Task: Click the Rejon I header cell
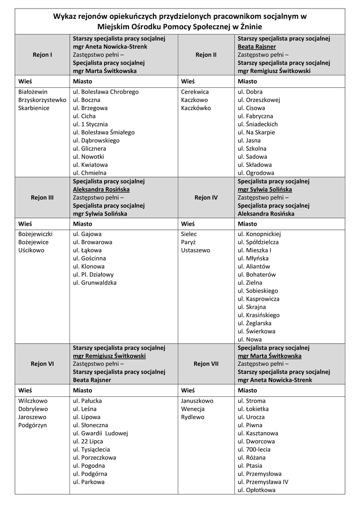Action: (42, 55)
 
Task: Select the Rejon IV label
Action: (206, 197)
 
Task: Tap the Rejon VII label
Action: (206, 364)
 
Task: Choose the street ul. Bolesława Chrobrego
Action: (106, 92)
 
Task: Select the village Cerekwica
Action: (195, 92)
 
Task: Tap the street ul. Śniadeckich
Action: (258, 124)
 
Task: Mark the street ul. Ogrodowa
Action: (256, 173)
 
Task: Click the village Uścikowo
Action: (31, 250)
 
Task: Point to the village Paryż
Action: (189, 242)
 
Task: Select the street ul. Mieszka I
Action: (255, 250)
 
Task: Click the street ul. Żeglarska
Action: (257, 323)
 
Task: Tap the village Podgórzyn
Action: (32, 425)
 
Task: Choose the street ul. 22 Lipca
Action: (88, 441)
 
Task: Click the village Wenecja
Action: (193, 409)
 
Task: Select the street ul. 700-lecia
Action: (254, 449)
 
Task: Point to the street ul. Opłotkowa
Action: (257, 490)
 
